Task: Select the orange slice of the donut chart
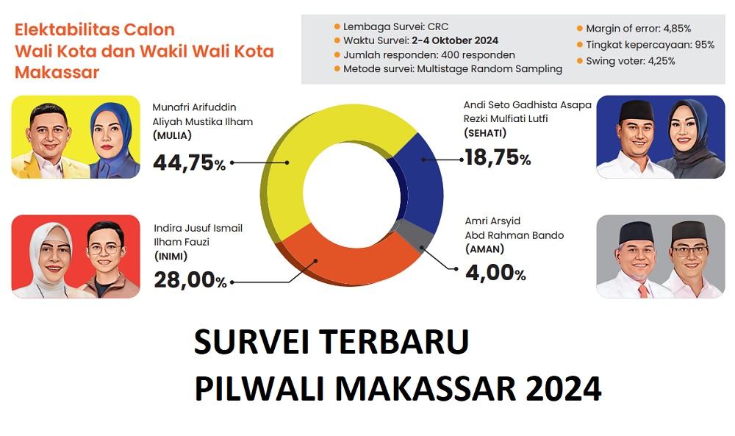coord(345,257)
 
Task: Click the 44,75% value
coord(190,162)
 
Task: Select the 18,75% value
coord(498,157)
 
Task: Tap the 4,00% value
coord(495,274)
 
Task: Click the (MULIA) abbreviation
coord(173,135)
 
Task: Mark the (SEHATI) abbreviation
coord(485,132)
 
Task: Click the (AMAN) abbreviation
coord(484,249)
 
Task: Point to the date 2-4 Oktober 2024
coord(456,40)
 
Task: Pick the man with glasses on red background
coord(107,257)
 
